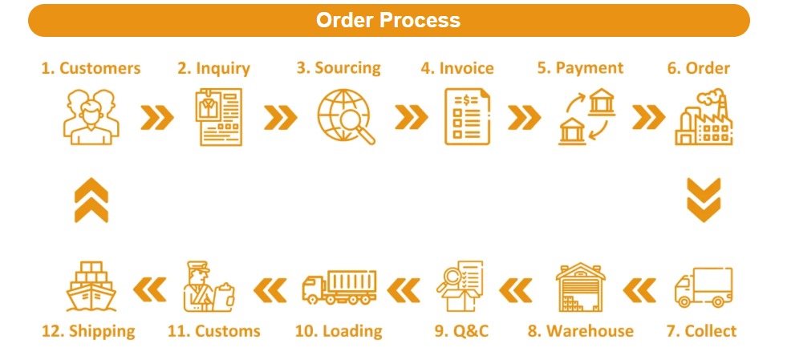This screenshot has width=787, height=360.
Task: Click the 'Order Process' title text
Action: pyautogui.click(x=388, y=20)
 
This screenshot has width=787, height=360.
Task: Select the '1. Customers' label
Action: pyautogui.click(x=91, y=68)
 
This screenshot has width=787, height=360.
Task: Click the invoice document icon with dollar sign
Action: pyautogui.click(x=467, y=117)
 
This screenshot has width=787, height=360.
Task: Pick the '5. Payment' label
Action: pyautogui.click(x=580, y=68)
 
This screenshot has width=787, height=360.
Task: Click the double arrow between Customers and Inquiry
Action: pyautogui.click(x=156, y=118)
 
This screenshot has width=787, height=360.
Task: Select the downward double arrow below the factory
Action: pyautogui.click(x=704, y=200)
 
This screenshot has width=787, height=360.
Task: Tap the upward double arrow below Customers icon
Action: pyautogui.click(x=91, y=200)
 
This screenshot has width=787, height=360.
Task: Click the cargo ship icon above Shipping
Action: pyautogui.click(x=91, y=286)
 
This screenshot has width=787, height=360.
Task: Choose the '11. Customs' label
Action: pyautogui.click(x=214, y=330)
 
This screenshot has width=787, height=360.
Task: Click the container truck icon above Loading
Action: pyautogui.click(x=339, y=288)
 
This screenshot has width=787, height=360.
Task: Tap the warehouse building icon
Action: pyautogui.click(x=580, y=286)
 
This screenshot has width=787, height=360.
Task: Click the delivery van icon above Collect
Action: pyautogui.click(x=703, y=288)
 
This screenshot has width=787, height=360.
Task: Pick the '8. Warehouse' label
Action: pyautogui.click(x=580, y=330)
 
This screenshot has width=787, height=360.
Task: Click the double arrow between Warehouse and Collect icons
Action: pyautogui.click(x=639, y=288)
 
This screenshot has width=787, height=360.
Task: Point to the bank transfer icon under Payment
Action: pyautogui.click(x=586, y=117)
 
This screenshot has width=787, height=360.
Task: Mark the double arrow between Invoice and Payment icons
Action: pyautogui.click(x=524, y=118)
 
